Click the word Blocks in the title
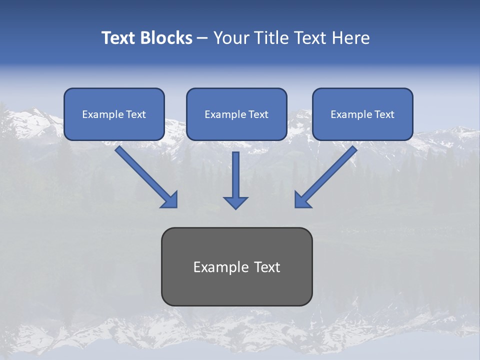[166, 38]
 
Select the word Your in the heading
[231, 38]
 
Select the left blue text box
[114, 114]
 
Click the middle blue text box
[236, 114]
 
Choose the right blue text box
[362, 114]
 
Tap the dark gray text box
[236, 267]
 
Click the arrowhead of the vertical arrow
[235, 202]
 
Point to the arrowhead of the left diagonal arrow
[170, 200]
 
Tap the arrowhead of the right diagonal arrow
[302, 200]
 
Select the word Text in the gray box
[267, 267]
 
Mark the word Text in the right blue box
[384, 114]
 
